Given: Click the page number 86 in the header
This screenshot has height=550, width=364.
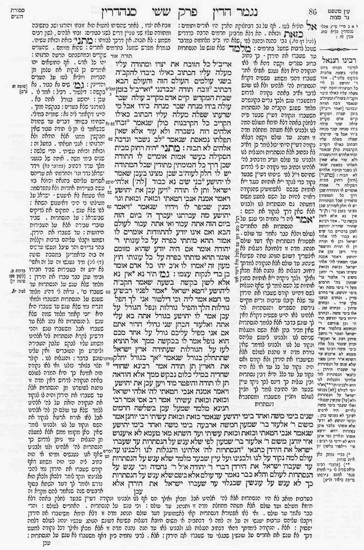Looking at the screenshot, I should [312, 11].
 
